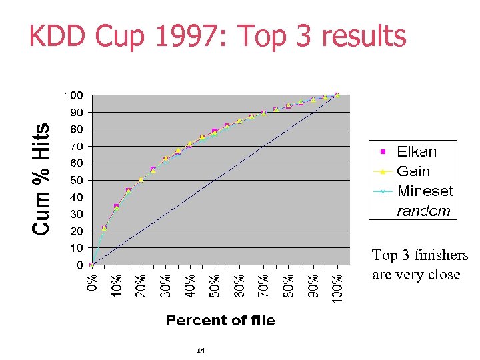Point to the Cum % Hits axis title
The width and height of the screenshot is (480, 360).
41,179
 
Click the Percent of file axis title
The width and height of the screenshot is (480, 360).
220,321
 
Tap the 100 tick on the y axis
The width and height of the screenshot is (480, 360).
73,95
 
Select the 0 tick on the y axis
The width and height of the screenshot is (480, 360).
79,265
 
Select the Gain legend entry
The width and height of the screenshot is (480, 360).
413,171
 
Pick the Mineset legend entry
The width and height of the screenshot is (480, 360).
424,191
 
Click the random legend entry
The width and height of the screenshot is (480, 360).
423,211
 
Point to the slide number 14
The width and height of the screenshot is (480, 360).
201,350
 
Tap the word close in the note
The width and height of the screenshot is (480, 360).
442,274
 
